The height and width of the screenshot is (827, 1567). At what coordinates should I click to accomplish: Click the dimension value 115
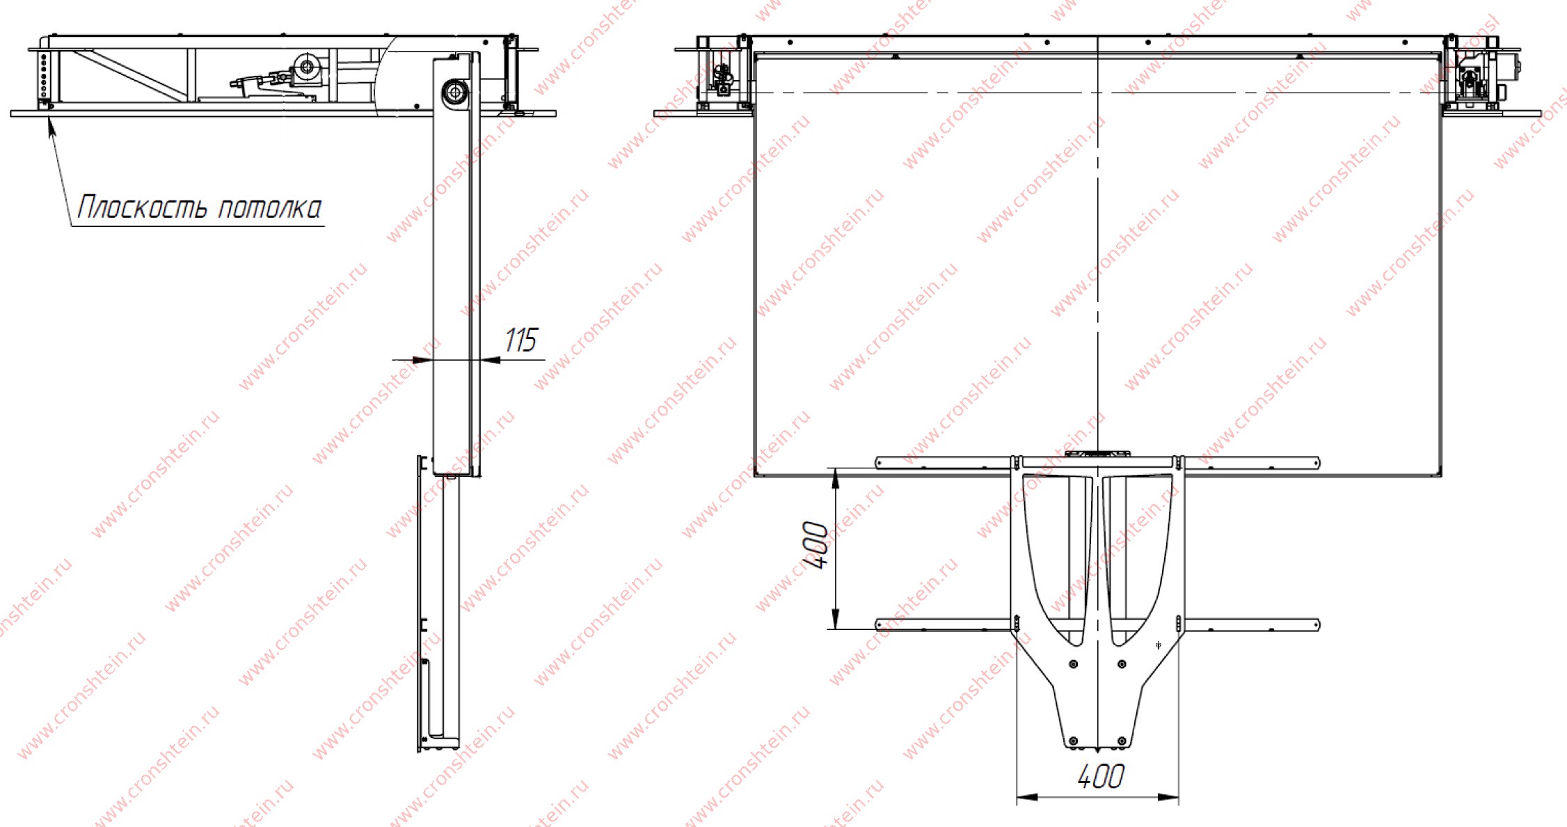pyautogui.click(x=520, y=340)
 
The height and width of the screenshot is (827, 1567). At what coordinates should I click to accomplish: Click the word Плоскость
pyautogui.click(x=142, y=207)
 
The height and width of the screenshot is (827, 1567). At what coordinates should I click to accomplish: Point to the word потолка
pyautogui.click(x=270, y=208)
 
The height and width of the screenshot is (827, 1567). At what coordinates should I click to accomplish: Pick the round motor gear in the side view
pyautogui.click(x=305, y=67)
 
